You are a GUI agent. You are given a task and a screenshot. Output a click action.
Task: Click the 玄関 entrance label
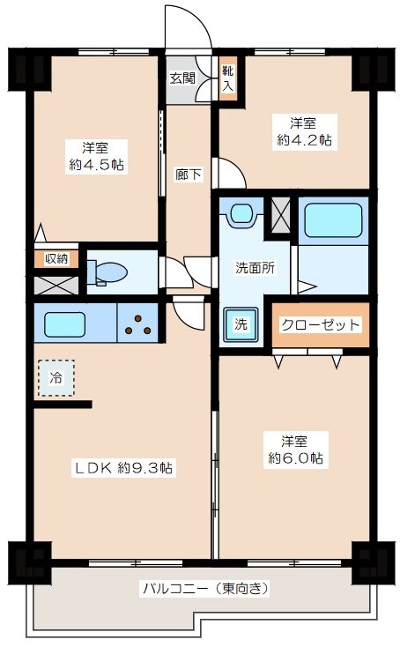(x=182, y=78)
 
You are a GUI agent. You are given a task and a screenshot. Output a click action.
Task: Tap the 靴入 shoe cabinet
(x=228, y=78)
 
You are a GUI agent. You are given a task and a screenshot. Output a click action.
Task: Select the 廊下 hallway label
(x=188, y=174)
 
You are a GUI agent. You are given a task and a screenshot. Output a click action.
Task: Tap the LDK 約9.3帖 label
(x=123, y=469)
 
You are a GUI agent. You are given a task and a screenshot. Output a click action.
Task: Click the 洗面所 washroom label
(x=254, y=268)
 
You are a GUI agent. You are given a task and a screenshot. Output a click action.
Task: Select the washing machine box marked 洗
(x=241, y=323)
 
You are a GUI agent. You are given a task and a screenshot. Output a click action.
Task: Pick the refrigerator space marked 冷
(x=56, y=377)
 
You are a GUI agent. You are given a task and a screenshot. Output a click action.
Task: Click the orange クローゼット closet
(x=321, y=325)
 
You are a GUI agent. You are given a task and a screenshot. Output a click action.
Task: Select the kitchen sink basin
(x=67, y=323)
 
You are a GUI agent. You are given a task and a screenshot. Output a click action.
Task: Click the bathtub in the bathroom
(x=333, y=221)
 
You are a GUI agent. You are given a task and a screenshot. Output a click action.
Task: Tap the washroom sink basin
(x=241, y=214)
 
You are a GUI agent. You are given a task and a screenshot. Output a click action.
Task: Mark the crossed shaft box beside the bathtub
(x=280, y=216)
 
